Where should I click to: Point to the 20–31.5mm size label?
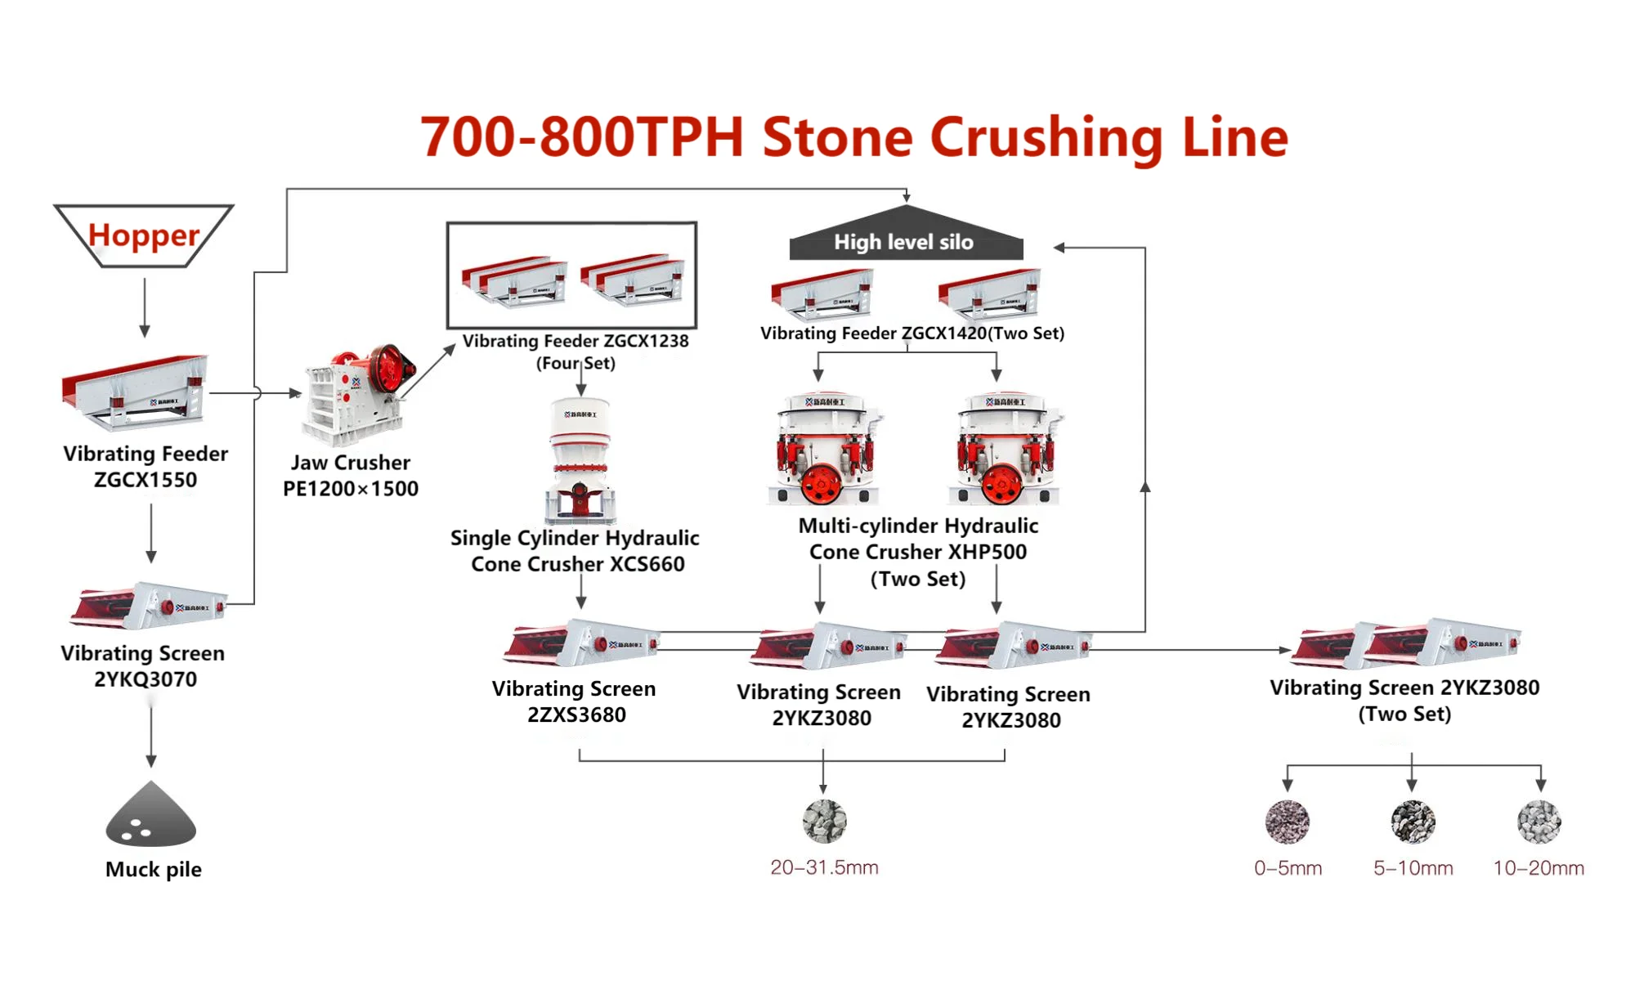tap(824, 867)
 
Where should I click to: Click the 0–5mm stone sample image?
tap(1287, 822)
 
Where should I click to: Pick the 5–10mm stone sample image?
tap(1413, 822)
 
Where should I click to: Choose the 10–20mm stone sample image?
tap(1539, 822)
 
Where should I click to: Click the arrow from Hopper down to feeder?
tap(145, 307)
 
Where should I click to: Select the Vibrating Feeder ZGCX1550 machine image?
tap(136, 392)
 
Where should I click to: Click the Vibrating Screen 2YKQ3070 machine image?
tap(147, 606)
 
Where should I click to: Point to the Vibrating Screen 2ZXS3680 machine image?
tap(580, 643)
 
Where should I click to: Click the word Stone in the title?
tap(837, 137)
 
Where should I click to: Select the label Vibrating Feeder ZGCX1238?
tap(576, 342)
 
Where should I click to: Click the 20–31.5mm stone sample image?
tap(824, 821)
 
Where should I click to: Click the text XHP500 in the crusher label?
tap(987, 553)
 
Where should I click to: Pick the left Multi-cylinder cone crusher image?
tap(824, 449)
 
